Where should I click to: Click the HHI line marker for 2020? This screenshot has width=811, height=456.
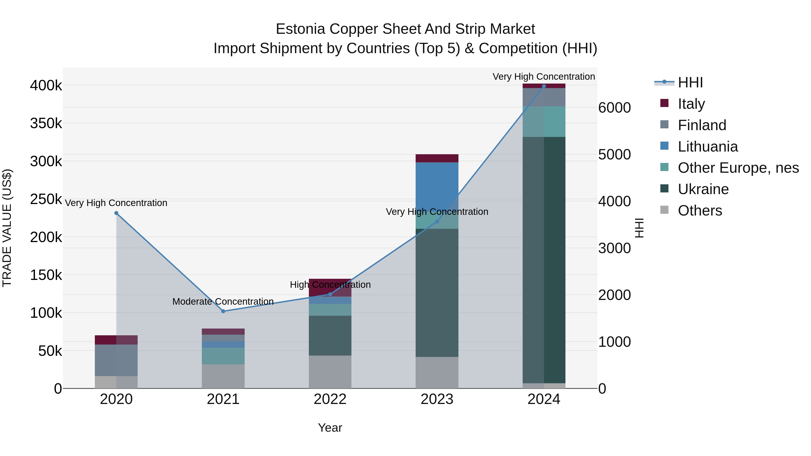click(116, 213)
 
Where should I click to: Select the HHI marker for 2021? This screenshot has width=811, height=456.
click(223, 311)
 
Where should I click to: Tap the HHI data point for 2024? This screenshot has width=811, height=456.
click(544, 86)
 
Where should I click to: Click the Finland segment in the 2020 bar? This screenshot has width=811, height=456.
click(116, 360)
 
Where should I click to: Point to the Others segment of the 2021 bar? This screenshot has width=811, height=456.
click(223, 376)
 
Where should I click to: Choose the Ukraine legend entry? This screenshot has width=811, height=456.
click(703, 189)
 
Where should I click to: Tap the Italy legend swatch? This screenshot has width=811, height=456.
click(664, 103)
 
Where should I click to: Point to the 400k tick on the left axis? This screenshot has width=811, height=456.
click(46, 85)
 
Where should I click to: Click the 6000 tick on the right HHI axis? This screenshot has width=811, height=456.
click(614, 108)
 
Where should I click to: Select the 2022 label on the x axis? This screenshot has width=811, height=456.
click(330, 399)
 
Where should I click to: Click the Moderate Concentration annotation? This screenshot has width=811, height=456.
click(223, 302)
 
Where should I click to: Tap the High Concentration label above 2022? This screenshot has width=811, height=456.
click(330, 284)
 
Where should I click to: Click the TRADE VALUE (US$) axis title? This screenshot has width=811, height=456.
click(7, 228)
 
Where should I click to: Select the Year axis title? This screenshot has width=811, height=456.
click(330, 428)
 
